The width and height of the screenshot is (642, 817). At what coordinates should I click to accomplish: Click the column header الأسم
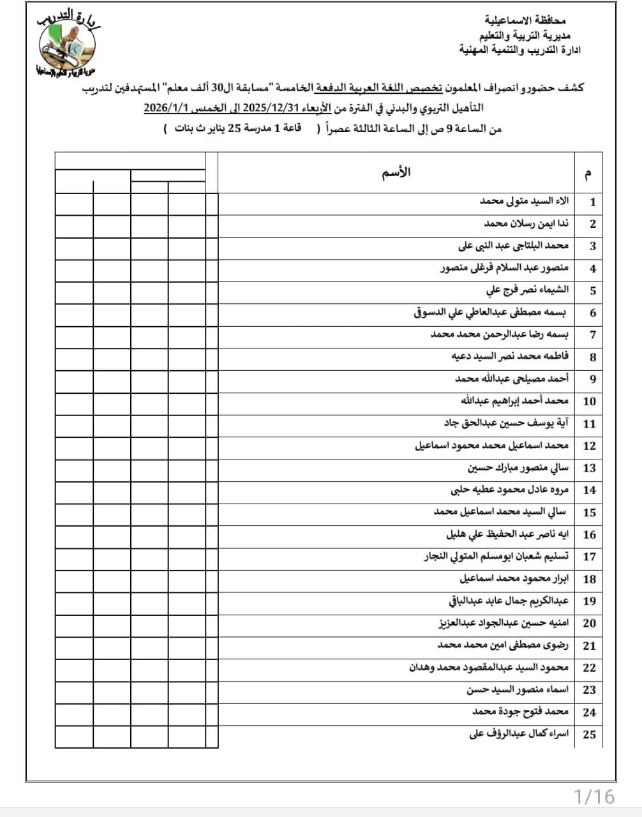(x=396, y=172)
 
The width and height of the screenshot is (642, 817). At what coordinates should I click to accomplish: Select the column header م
(x=588, y=173)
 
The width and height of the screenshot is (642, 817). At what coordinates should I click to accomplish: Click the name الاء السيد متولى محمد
(x=524, y=202)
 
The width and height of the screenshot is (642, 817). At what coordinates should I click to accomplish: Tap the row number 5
(x=593, y=290)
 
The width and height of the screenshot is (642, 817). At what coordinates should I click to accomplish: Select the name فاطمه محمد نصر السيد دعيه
(x=509, y=356)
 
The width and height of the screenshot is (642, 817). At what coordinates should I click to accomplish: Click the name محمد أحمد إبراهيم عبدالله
(x=514, y=401)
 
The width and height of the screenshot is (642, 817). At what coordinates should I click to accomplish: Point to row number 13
(x=590, y=468)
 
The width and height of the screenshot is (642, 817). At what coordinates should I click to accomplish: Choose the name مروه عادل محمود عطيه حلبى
(x=509, y=490)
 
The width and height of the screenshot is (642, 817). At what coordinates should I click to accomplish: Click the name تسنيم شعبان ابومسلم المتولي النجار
(x=496, y=556)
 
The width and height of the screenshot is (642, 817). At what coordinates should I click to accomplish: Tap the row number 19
(x=590, y=601)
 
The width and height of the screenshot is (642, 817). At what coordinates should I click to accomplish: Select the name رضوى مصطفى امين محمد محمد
(x=503, y=645)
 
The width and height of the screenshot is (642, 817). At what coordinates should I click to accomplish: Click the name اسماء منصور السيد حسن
(x=517, y=689)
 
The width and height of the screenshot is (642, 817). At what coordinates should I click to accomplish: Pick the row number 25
(x=590, y=734)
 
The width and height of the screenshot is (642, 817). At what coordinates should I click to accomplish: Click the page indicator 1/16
(x=593, y=796)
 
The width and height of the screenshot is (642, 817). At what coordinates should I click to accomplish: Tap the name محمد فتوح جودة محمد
(x=520, y=712)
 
